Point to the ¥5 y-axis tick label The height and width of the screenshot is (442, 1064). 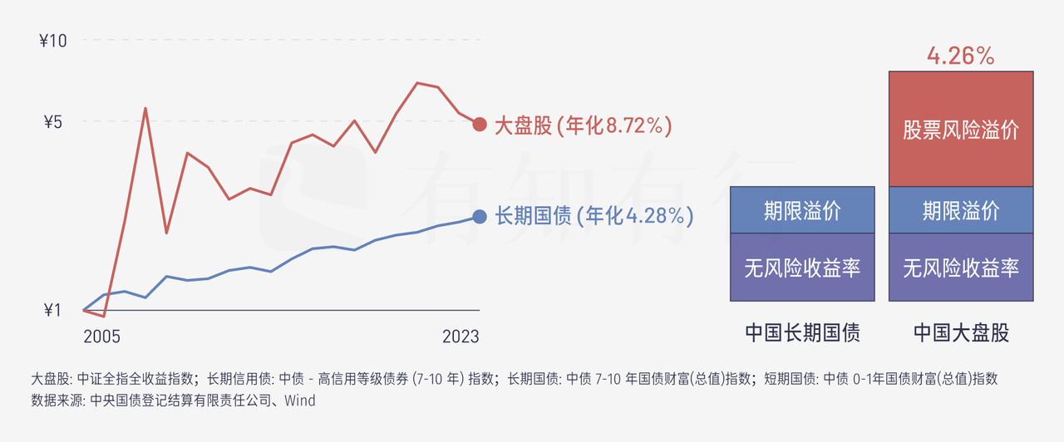(52, 122)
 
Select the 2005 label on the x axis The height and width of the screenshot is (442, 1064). (101, 336)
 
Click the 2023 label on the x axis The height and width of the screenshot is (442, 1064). (461, 336)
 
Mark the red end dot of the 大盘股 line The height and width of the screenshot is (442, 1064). (479, 125)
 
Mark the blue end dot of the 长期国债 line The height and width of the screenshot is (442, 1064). (479, 216)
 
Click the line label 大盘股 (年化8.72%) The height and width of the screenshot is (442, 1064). (583, 125)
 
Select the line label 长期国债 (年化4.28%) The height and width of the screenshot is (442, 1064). (594, 216)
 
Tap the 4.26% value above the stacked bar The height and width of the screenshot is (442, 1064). (961, 56)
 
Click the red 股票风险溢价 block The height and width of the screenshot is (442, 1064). (961, 130)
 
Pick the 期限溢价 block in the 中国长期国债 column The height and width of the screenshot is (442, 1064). (802, 210)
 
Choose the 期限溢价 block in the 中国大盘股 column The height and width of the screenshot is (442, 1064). (961, 210)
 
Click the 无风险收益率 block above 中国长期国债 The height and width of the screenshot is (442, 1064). (802, 268)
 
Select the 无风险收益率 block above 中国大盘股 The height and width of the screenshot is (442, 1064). (961, 268)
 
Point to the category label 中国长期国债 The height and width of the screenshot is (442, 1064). (802, 333)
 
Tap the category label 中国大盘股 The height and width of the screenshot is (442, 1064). (961, 333)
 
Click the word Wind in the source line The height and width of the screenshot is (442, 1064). (300, 400)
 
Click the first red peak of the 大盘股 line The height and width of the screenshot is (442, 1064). (145, 108)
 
